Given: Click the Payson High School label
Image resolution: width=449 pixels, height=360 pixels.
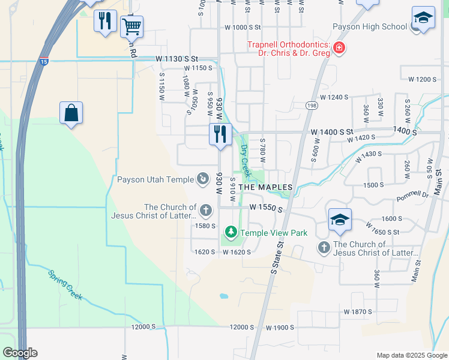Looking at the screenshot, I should pos(370,26).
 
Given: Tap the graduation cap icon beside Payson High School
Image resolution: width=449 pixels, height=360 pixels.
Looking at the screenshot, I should pos(423,18).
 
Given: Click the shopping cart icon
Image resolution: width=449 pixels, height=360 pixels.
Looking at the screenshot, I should pos(131,26).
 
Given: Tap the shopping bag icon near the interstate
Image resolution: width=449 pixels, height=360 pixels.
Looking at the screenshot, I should pos(71,112).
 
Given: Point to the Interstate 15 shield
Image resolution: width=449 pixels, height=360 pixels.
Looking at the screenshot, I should pos(44,62).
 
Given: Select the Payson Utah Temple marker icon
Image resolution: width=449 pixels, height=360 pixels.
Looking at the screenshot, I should pos(203,179).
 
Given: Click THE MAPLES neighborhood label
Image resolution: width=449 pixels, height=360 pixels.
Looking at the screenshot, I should pos(265,187).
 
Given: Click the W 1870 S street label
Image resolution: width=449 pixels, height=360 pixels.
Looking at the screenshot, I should pos(358,312).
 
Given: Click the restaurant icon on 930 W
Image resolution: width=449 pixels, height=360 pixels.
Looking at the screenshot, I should pos(220,134).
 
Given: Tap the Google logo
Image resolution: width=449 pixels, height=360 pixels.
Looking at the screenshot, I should pos(20,353).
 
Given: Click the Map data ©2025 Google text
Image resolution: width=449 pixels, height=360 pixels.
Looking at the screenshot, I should pos(411,355).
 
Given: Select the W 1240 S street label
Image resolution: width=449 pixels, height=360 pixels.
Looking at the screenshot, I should pos(334,97).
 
